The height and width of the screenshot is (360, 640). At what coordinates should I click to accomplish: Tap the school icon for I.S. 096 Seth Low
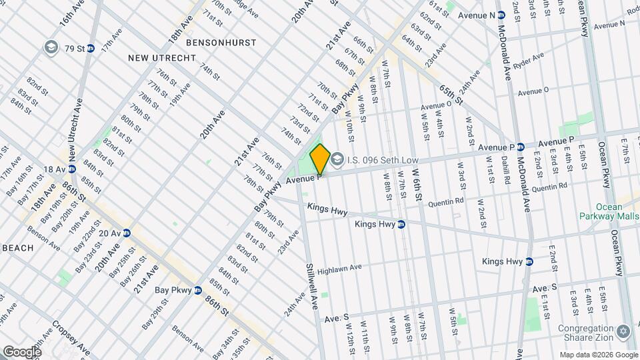(x=337, y=159)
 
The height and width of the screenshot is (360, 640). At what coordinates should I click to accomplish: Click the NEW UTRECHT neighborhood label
(x=162, y=58)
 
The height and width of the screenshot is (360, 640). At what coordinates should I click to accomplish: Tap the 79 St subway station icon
(x=91, y=48)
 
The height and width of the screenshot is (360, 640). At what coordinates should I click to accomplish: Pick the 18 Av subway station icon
(x=71, y=169)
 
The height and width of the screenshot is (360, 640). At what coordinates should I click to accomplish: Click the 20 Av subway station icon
(x=126, y=233)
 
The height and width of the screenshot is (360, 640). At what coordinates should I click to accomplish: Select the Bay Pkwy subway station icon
(x=198, y=290)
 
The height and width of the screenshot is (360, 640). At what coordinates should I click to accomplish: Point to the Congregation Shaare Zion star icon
(x=624, y=331)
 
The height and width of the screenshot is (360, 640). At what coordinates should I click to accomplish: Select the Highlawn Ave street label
(x=339, y=268)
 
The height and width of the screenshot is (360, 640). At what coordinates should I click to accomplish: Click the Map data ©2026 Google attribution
(x=598, y=354)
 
